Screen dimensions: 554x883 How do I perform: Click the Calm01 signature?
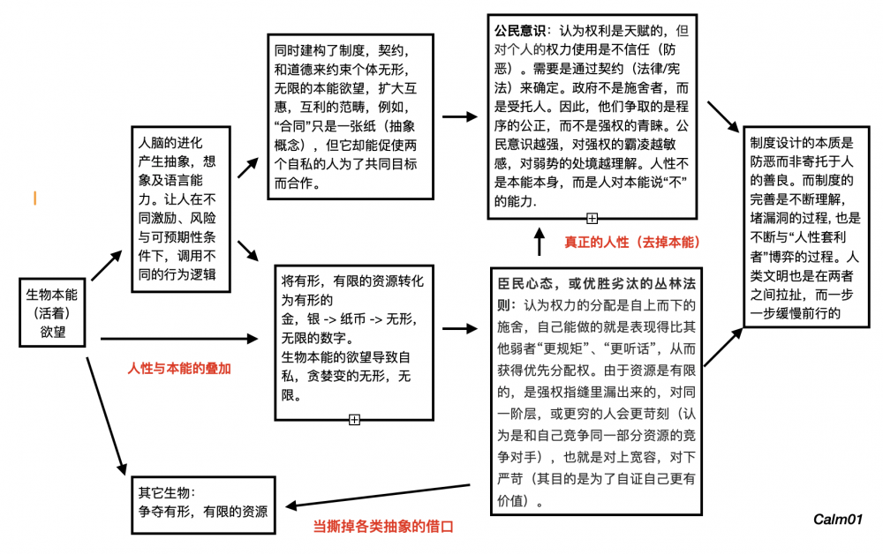coord(838,520)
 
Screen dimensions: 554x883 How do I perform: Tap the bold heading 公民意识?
coord(520,30)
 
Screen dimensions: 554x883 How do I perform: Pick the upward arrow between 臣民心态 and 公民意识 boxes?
coord(540,240)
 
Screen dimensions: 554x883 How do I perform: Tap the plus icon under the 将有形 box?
coord(354,419)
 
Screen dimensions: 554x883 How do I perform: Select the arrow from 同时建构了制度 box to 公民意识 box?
coord(459,116)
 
